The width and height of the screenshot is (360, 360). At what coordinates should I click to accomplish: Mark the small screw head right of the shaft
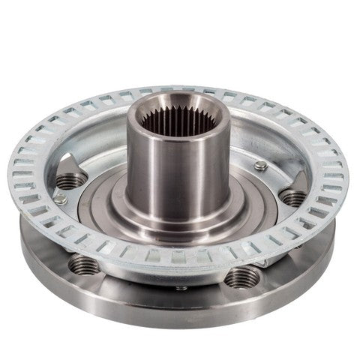260,166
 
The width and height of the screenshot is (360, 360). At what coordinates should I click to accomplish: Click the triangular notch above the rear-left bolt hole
66,162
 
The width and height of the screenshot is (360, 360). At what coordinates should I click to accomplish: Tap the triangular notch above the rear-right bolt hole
298,178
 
